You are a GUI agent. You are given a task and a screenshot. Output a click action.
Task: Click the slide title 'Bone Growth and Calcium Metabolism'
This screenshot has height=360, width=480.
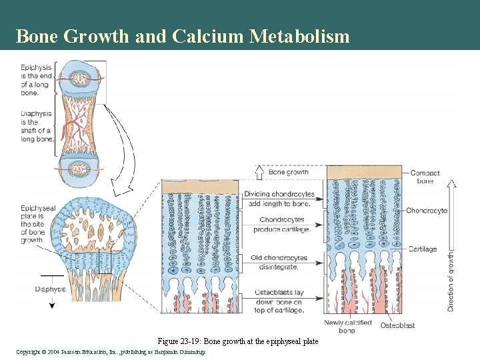(x=182, y=36)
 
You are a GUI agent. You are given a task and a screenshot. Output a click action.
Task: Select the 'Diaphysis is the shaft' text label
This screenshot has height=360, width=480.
(x=37, y=126)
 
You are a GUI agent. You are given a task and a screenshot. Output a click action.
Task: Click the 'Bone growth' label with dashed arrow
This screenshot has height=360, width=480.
(x=288, y=172)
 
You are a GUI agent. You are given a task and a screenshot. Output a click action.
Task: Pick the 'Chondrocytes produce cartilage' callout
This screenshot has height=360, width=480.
(x=281, y=225)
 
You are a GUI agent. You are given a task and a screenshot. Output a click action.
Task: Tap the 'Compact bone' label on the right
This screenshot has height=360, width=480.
(x=425, y=177)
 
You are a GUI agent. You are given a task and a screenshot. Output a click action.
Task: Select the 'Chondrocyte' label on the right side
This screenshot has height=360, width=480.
(x=427, y=211)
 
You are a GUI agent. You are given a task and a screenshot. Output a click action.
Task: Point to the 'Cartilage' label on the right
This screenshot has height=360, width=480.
(x=422, y=249)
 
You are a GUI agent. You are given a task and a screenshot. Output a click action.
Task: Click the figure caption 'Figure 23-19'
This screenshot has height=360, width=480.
(x=237, y=341)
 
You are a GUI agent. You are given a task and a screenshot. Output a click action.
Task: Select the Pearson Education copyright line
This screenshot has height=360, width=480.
(x=110, y=351)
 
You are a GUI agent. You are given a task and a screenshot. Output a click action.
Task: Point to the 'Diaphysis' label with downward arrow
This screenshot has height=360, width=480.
(x=51, y=289)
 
